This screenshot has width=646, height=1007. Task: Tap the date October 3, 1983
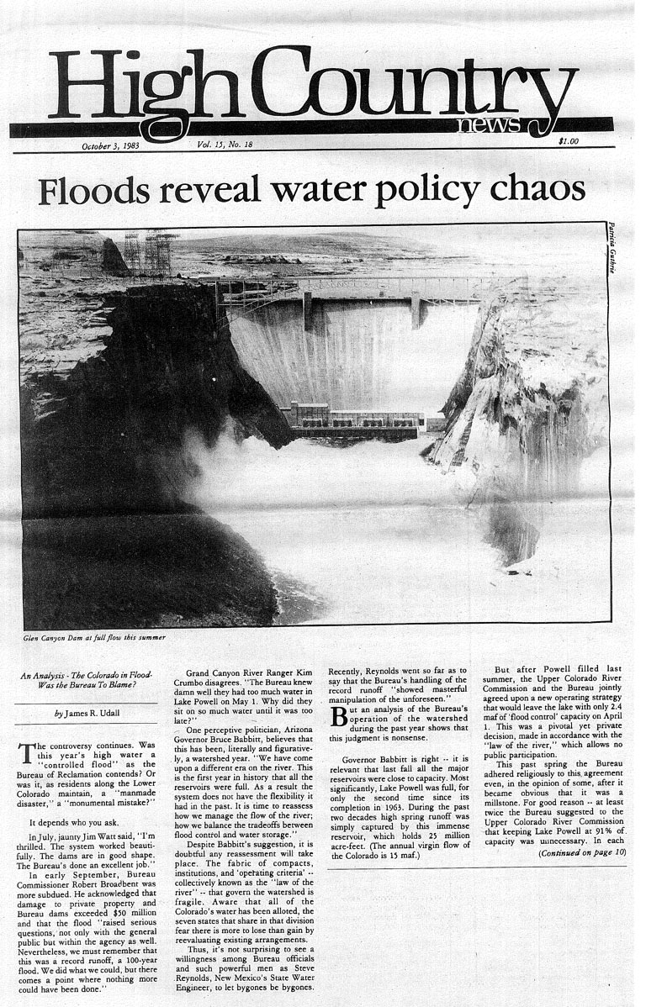coord(110,145)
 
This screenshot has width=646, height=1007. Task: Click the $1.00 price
coord(569,142)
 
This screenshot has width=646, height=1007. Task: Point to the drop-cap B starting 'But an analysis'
coord(337,716)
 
